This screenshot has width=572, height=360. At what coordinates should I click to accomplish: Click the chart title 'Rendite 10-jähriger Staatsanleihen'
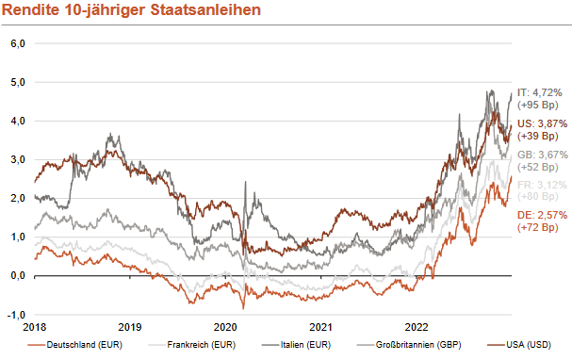[131, 10]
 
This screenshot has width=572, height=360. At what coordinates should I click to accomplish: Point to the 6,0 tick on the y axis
[17, 43]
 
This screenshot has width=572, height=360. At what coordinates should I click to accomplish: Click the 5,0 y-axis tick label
[17, 82]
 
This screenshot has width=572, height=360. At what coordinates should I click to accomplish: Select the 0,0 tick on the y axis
[17, 276]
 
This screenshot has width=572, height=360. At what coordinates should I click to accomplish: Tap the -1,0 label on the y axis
[16, 315]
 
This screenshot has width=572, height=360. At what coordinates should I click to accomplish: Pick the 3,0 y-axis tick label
[17, 160]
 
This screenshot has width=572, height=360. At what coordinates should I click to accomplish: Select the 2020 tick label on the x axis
[226, 328]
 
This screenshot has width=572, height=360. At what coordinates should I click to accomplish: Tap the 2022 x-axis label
[418, 328]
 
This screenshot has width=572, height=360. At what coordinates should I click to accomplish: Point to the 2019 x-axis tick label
[131, 328]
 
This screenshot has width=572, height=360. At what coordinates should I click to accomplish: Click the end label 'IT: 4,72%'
[540, 92]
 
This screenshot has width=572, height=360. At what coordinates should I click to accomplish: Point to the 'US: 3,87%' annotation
[541, 123]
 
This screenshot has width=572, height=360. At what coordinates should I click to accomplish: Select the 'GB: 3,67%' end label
[541, 154]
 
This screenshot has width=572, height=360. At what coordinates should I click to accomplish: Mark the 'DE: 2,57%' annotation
[541, 215]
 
